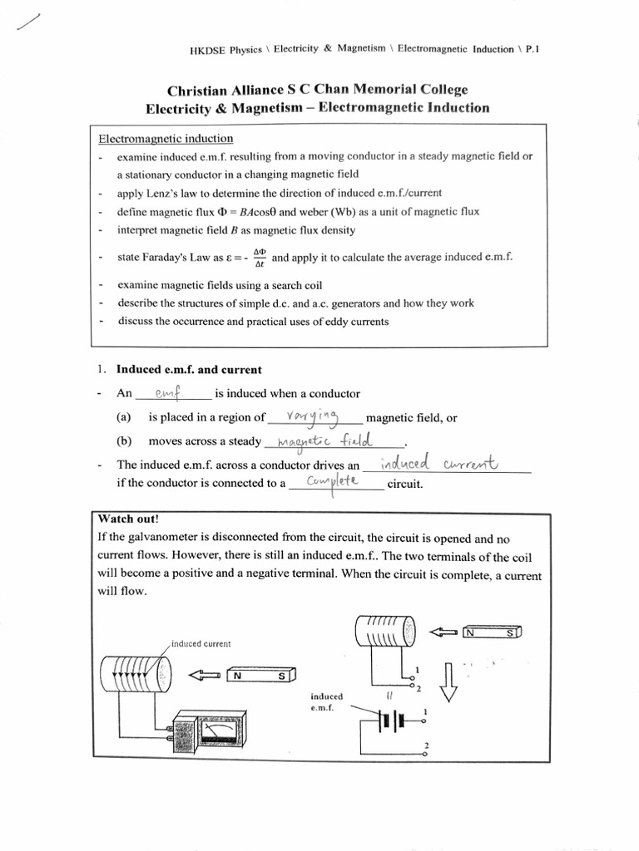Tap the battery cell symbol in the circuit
point(390,721)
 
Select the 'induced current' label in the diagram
point(201,643)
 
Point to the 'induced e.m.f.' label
point(327,701)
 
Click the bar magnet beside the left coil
point(260,676)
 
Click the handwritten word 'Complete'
point(331,483)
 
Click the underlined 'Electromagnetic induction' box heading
point(166,139)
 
